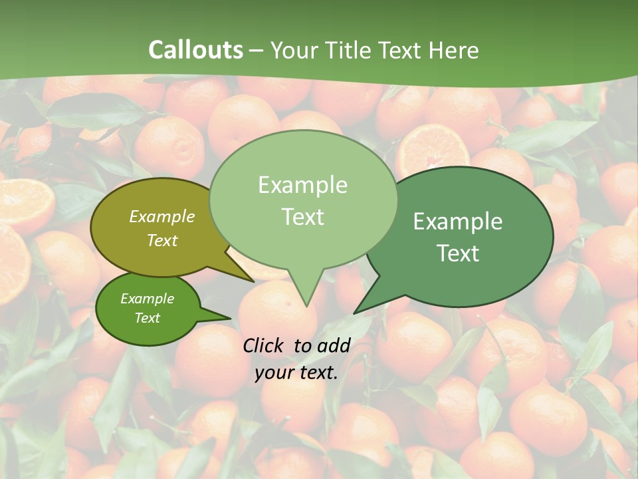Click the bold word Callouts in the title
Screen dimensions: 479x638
click(195, 50)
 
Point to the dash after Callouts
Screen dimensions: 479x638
click(257, 51)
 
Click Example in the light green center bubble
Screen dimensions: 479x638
click(302, 184)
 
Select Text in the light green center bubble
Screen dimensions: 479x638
click(302, 216)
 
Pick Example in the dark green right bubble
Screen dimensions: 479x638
click(458, 221)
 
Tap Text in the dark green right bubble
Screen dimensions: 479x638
click(458, 253)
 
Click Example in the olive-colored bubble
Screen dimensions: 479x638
click(162, 216)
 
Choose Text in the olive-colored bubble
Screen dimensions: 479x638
click(162, 240)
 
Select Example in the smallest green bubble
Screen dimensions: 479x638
click(147, 299)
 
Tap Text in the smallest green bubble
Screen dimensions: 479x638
click(147, 318)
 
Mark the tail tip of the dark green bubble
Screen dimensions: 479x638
click(355, 313)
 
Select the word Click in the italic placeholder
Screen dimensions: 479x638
click(265, 345)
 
